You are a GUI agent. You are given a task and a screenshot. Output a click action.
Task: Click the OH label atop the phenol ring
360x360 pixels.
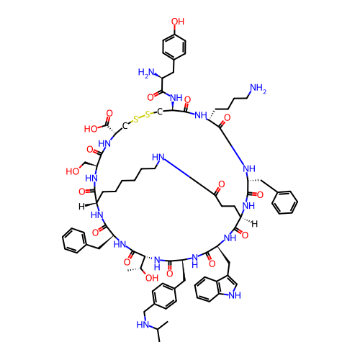click(x=178, y=22)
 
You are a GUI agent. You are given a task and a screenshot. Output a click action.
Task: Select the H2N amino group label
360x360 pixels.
click(x=146, y=72)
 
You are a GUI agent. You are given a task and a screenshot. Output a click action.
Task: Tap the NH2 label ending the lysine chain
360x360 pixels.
click(x=258, y=88)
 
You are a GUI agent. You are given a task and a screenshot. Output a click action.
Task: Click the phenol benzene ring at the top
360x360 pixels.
click(x=174, y=47)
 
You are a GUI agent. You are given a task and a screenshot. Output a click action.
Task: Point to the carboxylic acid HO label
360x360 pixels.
click(x=91, y=129)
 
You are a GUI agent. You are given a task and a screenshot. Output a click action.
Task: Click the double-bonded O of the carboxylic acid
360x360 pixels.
click(x=109, y=113)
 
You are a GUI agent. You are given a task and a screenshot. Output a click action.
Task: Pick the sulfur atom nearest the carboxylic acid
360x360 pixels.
click(x=136, y=120)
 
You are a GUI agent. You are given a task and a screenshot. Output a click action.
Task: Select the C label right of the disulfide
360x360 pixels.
click(x=160, y=112)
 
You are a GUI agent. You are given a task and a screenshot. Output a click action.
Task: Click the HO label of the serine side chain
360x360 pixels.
click(x=73, y=171)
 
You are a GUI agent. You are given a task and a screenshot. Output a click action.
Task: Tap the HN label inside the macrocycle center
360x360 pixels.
click(x=158, y=158)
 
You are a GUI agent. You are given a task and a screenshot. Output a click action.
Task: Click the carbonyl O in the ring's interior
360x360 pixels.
click(x=221, y=184)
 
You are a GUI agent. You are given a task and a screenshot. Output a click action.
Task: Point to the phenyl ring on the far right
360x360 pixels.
click(x=284, y=202)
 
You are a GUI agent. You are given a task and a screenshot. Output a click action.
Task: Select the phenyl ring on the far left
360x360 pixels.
click(x=74, y=240)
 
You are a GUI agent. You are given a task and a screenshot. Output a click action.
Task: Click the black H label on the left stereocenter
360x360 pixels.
click(x=81, y=207)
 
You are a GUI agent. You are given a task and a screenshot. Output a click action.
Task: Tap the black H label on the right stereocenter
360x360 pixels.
click(x=254, y=224)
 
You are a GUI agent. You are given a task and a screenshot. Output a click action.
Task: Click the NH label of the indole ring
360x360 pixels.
click(x=235, y=295)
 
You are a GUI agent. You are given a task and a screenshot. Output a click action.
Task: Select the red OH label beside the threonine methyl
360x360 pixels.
click(x=152, y=278)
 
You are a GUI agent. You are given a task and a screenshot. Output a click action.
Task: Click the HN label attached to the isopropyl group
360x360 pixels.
click(x=143, y=325)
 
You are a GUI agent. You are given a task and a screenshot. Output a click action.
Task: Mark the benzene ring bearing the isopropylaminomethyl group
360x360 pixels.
click(x=164, y=296)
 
